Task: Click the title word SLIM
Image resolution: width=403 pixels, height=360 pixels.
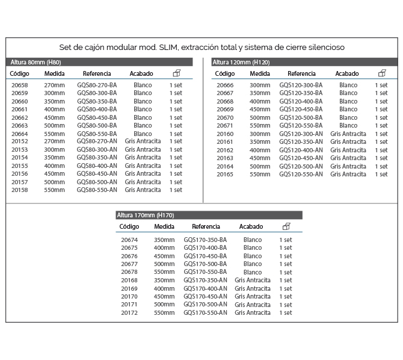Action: (x=164, y=47)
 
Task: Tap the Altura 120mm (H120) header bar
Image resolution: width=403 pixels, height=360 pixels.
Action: (x=304, y=62)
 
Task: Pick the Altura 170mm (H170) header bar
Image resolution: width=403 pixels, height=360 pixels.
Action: (x=209, y=215)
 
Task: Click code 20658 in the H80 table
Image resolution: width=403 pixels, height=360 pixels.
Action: (x=19, y=85)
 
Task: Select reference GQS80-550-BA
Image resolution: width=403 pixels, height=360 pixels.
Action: (x=97, y=134)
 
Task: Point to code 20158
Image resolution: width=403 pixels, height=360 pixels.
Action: (x=19, y=190)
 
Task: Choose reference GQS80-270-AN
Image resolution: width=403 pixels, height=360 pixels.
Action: (x=97, y=141)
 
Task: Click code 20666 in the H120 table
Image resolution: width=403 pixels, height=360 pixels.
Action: (x=225, y=85)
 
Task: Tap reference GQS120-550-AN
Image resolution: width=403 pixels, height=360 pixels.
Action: (x=301, y=174)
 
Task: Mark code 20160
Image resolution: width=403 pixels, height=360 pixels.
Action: (x=225, y=134)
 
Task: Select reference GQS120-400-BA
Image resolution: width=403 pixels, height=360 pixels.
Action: (x=301, y=102)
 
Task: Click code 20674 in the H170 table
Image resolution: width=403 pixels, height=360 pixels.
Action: (x=129, y=240)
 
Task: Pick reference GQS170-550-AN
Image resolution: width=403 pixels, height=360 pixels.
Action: (x=205, y=312)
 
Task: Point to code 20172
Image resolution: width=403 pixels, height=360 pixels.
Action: (x=129, y=312)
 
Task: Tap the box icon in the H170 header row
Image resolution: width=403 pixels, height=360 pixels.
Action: (x=286, y=226)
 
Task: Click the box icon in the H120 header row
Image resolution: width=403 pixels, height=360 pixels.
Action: (x=382, y=73)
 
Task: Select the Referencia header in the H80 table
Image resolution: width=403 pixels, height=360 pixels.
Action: (x=97, y=73)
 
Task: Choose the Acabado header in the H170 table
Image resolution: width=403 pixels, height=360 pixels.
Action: (x=251, y=227)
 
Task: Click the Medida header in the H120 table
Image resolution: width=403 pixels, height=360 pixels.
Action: (x=260, y=73)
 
